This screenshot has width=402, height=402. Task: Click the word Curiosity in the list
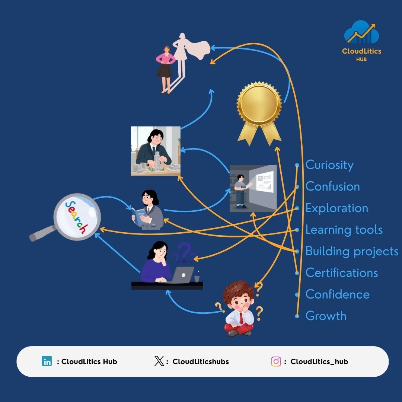(x=329, y=165)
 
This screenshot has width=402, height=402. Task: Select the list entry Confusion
(x=332, y=186)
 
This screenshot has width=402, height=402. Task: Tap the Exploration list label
(x=336, y=208)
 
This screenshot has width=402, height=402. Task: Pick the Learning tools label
(x=344, y=230)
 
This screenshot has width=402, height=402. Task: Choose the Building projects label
(x=352, y=251)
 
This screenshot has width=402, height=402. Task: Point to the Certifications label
(x=342, y=273)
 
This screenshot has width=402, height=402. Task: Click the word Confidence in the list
(x=337, y=294)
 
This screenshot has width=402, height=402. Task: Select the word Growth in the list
(x=326, y=316)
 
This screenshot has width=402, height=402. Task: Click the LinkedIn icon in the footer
(x=47, y=361)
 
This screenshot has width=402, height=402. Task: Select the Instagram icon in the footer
(x=276, y=361)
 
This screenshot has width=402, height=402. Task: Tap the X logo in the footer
(x=159, y=361)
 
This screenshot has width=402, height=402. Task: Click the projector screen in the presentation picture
(x=264, y=182)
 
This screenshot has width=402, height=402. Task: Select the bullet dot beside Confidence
(x=297, y=294)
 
